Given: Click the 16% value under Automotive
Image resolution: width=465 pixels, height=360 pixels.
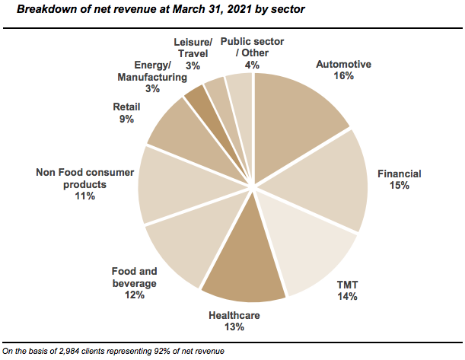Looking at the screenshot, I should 344,76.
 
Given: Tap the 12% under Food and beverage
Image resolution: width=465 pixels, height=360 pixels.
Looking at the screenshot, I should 135,295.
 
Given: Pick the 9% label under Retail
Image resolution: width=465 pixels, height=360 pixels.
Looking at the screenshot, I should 126,119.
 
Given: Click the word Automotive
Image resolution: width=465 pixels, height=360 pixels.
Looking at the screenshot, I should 344,65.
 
